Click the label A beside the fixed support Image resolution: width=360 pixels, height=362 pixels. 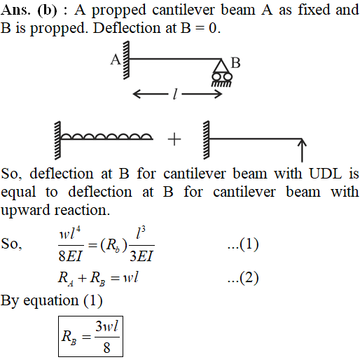point(116,60)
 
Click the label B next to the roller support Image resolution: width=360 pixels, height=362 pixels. point(235,63)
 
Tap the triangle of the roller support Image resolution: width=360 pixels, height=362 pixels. point(221,66)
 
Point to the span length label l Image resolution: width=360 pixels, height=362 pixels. point(175,95)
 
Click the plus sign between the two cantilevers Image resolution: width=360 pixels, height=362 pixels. point(174,139)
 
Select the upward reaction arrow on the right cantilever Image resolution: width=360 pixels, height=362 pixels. point(302,150)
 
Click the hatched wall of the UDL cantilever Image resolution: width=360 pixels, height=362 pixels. point(57,141)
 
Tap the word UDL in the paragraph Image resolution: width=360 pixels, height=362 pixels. point(326,174)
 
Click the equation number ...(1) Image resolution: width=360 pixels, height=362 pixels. point(243,244)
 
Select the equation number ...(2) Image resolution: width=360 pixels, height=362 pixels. point(243,278)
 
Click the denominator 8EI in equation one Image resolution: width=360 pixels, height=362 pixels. point(70,256)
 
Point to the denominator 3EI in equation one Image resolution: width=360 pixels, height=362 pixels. point(141,256)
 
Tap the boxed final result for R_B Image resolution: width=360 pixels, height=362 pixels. point(90,336)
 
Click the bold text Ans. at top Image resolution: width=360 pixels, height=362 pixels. point(15,11)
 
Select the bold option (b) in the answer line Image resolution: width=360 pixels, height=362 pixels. point(47,11)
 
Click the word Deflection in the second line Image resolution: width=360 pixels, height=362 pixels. point(127,29)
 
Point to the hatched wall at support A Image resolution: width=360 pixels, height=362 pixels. point(126,60)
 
